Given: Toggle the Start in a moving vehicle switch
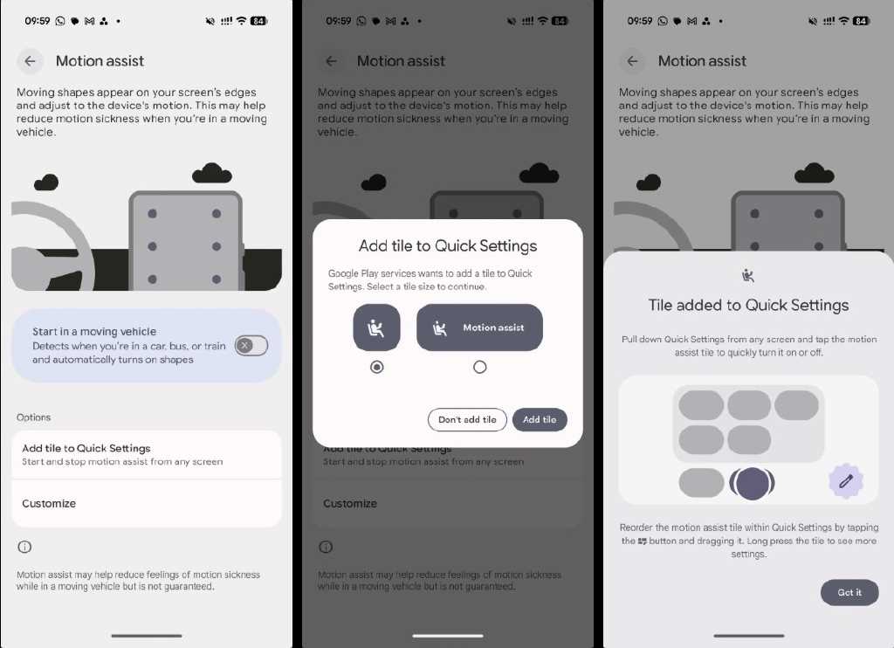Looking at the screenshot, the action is [251, 346].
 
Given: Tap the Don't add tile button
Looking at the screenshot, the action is [467, 420].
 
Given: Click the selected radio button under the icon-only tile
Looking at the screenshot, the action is [377, 367].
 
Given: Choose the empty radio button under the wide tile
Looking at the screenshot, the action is [480, 367].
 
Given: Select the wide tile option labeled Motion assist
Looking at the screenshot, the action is [479, 327].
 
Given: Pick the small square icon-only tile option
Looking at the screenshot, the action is [377, 327].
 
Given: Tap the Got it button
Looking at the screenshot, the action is [849, 593].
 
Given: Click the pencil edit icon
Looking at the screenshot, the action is [846, 481].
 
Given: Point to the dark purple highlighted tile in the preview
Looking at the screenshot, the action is [752, 483].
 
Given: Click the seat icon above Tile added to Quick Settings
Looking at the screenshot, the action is [748, 276].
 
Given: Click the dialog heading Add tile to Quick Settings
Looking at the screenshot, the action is [448, 246].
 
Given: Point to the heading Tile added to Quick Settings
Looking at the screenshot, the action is [748, 305].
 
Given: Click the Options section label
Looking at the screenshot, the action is [34, 417].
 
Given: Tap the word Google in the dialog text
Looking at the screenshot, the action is [343, 274].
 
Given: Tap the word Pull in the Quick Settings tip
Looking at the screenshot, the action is [629, 340].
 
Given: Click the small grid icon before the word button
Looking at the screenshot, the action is [642, 541].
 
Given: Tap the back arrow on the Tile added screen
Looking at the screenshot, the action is [632, 61].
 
